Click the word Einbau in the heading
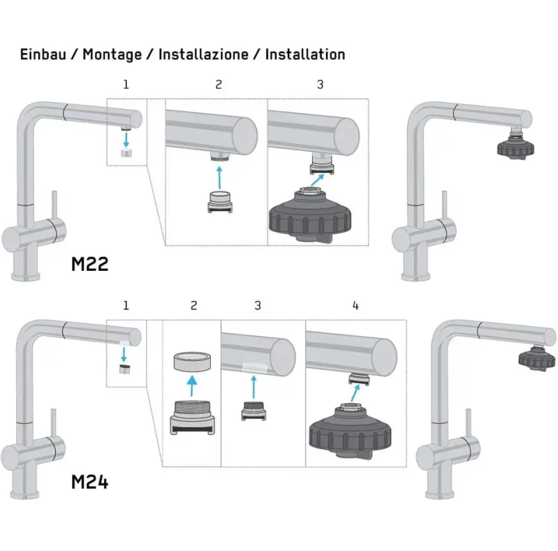(x=43, y=54)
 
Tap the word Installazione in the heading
(x=203, y=54)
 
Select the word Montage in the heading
(x=112, y=55)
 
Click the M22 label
(x=89, y=264)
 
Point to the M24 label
(x=89, y=483)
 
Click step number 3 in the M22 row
(x=321, y=85)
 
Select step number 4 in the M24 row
(x=355, y=305)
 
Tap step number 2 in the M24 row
(x=193, y=305)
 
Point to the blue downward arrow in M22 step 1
(x=126, y=139)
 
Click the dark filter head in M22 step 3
(x=310, y=215)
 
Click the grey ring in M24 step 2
(x=192, y=362)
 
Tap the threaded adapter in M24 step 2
(x=192, y=418)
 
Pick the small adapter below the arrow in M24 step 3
(x=254, y=411)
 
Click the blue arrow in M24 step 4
(x=355, y=393)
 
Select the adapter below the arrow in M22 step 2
(x=220, y=203)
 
